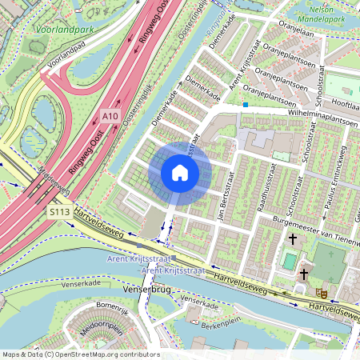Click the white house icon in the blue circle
(180, 173)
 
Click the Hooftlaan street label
(340, 104)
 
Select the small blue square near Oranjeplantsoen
(246, 105)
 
